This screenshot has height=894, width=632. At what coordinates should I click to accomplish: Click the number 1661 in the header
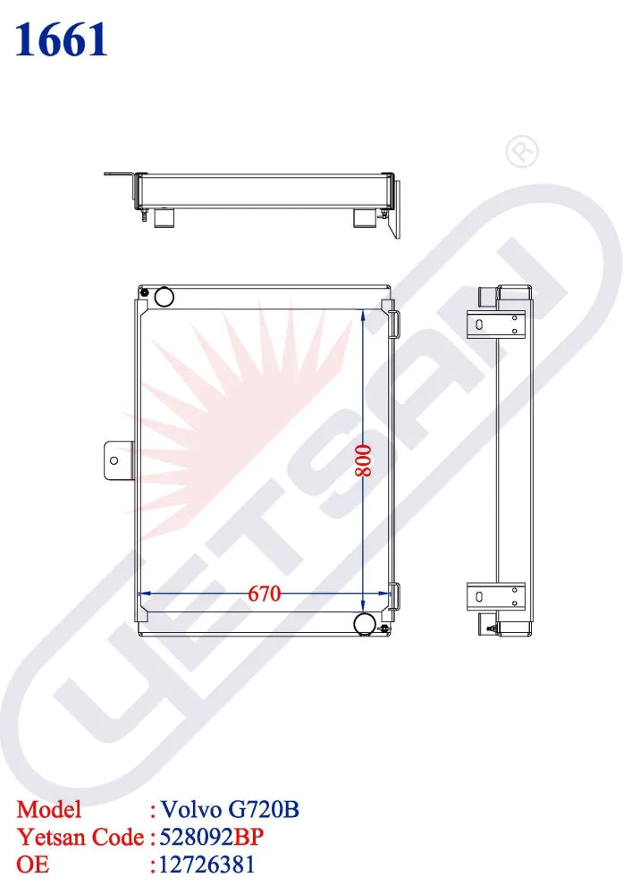point(62,40)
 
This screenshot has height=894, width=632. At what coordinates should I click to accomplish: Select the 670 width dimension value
point(265,594)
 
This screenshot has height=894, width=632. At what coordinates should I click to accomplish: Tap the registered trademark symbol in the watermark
point(522,152)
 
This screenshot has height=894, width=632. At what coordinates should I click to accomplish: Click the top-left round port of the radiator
point(164,296)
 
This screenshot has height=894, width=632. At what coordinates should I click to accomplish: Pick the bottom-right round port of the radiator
point(365,622)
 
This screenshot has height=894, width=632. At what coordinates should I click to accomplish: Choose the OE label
point(33,864)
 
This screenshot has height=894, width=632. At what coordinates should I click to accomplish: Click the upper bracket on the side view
point(497,324)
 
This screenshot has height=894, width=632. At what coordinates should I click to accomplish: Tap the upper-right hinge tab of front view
point(394,320)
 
